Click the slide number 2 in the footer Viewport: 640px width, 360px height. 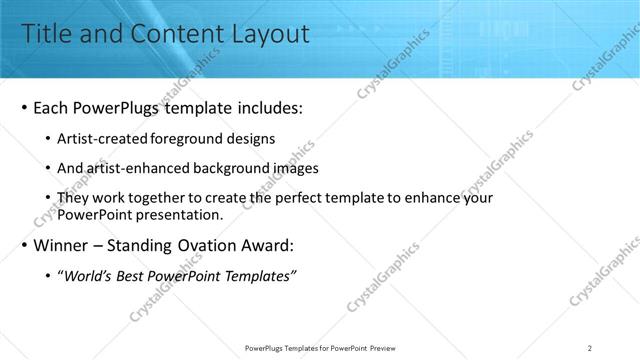coord(590,348)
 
